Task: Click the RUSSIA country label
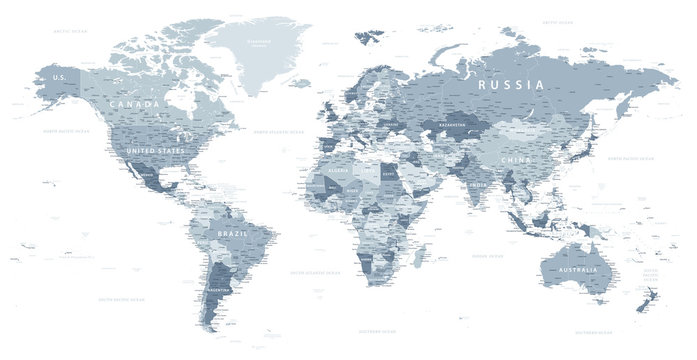511,85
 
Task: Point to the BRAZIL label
232,234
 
